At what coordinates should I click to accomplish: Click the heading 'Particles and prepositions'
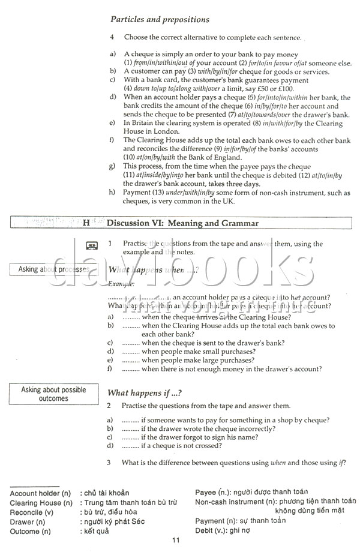160,20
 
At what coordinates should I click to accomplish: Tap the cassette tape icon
92,245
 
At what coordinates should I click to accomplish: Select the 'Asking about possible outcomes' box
53,394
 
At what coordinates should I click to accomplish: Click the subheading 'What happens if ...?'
144,393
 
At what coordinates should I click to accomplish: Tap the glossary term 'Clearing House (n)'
41,503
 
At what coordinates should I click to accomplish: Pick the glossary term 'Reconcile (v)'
31,512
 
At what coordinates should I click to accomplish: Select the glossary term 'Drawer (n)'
28,522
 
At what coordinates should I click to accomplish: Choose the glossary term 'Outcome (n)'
31,532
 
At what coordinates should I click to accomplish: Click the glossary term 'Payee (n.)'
212,492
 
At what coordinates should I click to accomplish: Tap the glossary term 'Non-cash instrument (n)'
236,502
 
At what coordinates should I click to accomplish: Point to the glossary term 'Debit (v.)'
211,530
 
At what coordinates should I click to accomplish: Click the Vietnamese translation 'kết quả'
95,532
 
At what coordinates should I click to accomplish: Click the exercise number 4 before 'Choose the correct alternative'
112,37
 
